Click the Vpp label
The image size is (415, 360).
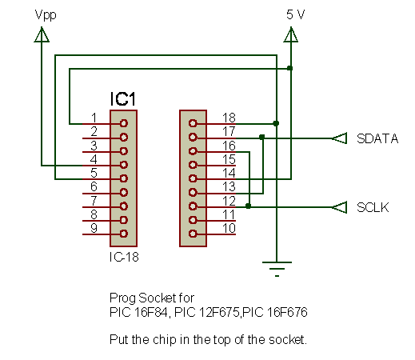click(46, 15)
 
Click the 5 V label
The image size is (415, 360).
click(296, 14)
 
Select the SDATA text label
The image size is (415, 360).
click(377, 138)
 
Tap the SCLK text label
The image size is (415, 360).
click(373, 207)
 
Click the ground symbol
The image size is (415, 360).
click(277, 269)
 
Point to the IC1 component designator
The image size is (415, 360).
click(122, 99)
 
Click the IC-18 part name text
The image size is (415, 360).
click(124, 257)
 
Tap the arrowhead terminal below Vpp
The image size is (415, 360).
click(42, 34)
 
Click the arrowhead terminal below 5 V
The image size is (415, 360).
click(291, 34)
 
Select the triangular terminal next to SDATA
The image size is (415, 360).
click(340, 138)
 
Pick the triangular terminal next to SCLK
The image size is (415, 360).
click(340, 207)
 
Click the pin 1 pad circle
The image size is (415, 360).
click(124, 123)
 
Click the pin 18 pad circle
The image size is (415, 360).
click(193, 123)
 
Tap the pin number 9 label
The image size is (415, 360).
click(94, 228)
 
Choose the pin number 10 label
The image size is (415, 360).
click(229, 228)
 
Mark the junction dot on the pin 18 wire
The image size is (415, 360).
click(276, 123)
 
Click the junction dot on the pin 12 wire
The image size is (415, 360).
click(249, 206)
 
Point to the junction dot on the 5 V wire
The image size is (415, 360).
click(290, 68)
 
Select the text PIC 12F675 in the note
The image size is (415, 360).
click(207, 312)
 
